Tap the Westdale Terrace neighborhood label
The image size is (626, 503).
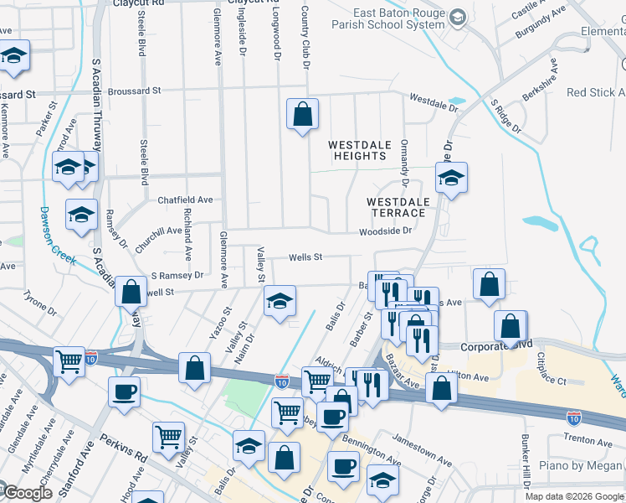(x=398, y=207)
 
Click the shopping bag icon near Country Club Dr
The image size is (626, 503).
(x=302, y=114)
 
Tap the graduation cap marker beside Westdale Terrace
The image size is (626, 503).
(x=451, y=178)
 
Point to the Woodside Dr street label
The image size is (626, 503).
(x=386, y=231)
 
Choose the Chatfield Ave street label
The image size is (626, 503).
(x=186, y=200)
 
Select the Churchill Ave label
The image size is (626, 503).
(x=158, y=231)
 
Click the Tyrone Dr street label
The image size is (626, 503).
(x=39, y=303)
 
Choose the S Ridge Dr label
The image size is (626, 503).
(x=505, y=117)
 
